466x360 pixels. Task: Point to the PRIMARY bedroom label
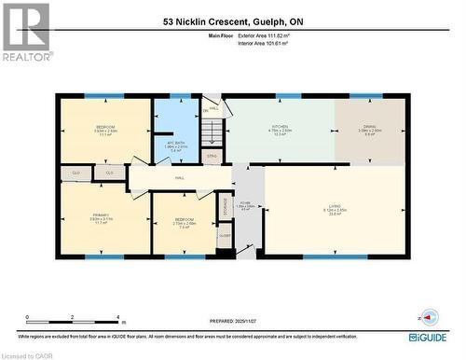(x=102, y=217)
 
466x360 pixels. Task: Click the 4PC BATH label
(x=176, y=144)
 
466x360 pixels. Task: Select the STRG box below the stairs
(x=212, y=155)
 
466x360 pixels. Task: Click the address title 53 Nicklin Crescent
(x=232, y=20)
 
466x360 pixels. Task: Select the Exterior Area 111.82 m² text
(x=276, y=35)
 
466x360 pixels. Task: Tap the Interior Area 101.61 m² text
(x=276, y=44)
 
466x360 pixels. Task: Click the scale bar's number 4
(x=119, y=317)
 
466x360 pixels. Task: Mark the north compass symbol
(x=428, y=317)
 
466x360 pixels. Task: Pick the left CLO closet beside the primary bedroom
(x=75, y=173)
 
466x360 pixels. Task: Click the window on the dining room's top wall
(x=365, y=95)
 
